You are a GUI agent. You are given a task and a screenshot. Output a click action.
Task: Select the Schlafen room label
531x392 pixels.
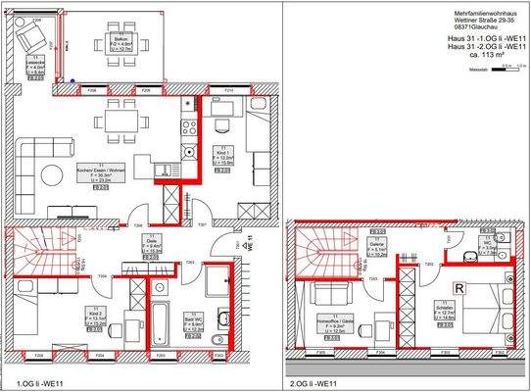click(443, 313)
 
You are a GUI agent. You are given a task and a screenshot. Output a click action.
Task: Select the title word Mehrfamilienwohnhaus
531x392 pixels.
click(466, 11)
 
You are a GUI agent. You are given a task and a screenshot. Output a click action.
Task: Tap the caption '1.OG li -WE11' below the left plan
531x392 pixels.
click(41, 383)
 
